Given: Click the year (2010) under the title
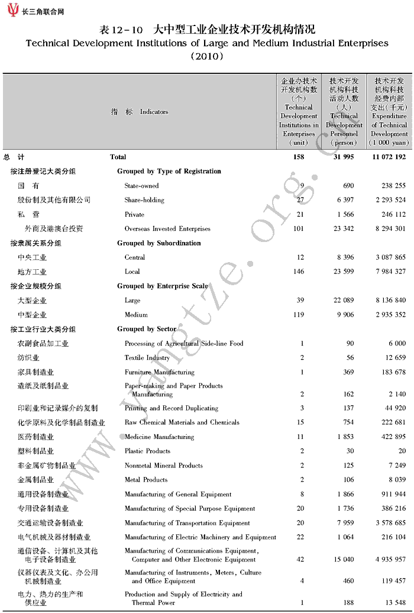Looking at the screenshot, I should (x=206, y=57).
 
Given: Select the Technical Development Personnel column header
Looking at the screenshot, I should (x=344, y=111).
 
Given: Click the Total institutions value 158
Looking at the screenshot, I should (x=299, y=157).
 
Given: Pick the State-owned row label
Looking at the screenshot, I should (x=141, y=186).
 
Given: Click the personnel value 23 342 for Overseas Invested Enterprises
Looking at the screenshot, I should (x=342, y=228).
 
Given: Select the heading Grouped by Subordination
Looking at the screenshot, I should (x=159, y=243).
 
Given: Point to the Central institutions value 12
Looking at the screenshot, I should (x=300, y=257).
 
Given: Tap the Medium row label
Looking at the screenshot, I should (x=135, y=315).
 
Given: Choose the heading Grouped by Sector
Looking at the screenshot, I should (x=147, y=329).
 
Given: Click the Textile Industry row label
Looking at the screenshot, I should (x=147, y=358).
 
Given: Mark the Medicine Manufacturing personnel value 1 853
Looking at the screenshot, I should (x=344, y=437).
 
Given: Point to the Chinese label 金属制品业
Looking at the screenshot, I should (x=35, y=480).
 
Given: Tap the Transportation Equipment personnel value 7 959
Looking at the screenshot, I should (x=344, y=523).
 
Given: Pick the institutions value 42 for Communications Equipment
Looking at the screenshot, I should (x=300, y=559).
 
